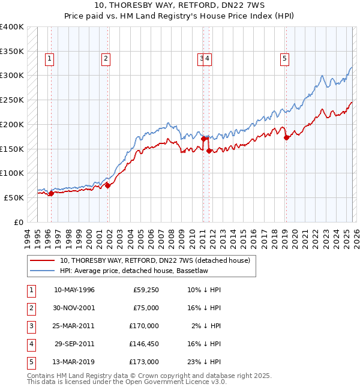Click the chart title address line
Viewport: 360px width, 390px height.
(x=179, y=7)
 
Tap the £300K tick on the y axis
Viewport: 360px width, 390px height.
(x=11, y=76)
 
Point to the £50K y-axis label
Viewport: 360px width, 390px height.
(x=14, y=197)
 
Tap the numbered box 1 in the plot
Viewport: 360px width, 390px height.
(x=49, y=58)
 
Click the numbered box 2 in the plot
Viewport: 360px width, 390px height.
(x=106, y=58)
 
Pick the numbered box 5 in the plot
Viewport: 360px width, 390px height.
(x=284, y=58)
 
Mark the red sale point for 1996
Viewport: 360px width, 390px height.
(x=51, y=193)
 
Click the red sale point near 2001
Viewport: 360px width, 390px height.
(x=108, y=185)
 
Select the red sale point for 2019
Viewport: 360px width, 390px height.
(x=286, y=137)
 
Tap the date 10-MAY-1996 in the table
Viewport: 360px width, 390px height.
(x=74, y=290)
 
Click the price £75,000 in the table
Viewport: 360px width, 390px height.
(x=146, y=308)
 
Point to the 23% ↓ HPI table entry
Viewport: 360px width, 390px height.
(x=205, y=362)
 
